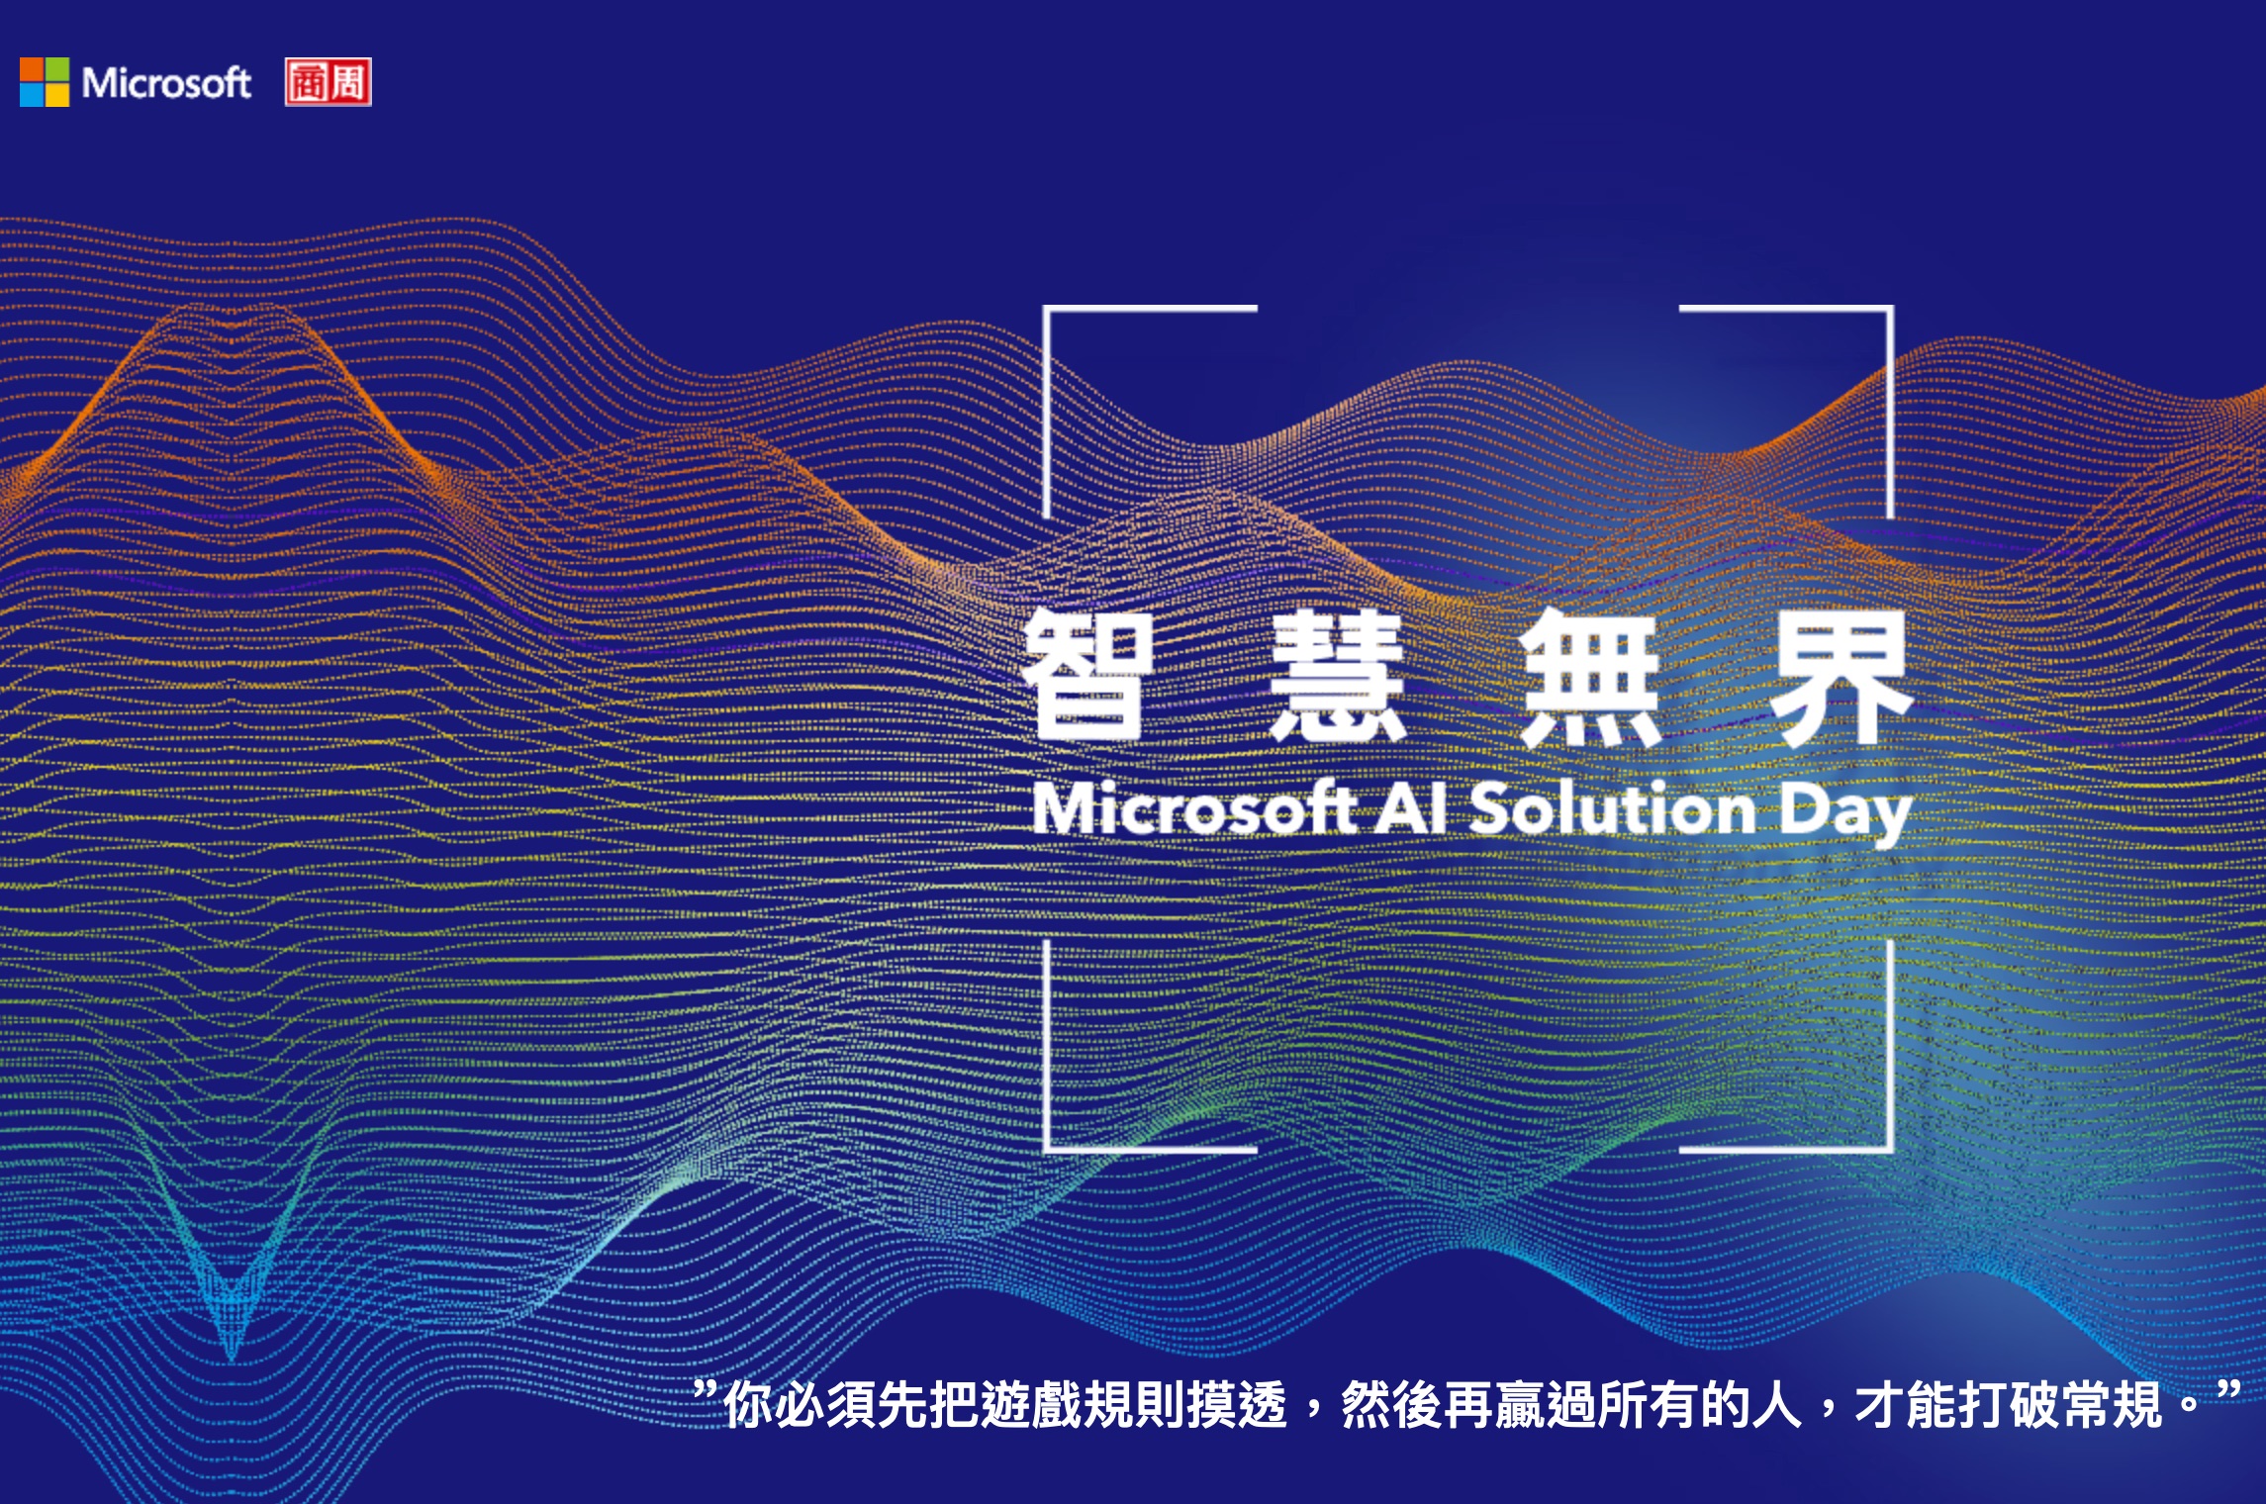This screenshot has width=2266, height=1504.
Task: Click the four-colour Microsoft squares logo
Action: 45,81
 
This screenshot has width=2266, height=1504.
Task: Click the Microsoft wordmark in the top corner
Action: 166,83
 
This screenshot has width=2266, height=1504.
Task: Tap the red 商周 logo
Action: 329,82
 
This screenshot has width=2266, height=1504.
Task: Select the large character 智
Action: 1086,675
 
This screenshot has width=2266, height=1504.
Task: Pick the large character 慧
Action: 1338,675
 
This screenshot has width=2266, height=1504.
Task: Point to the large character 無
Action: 1590,677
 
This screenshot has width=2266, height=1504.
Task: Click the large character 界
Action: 1841,677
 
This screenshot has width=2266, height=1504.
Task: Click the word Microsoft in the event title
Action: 1193,808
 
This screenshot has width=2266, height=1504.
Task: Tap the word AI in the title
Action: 1411,808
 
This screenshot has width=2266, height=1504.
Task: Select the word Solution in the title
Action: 1613,808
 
